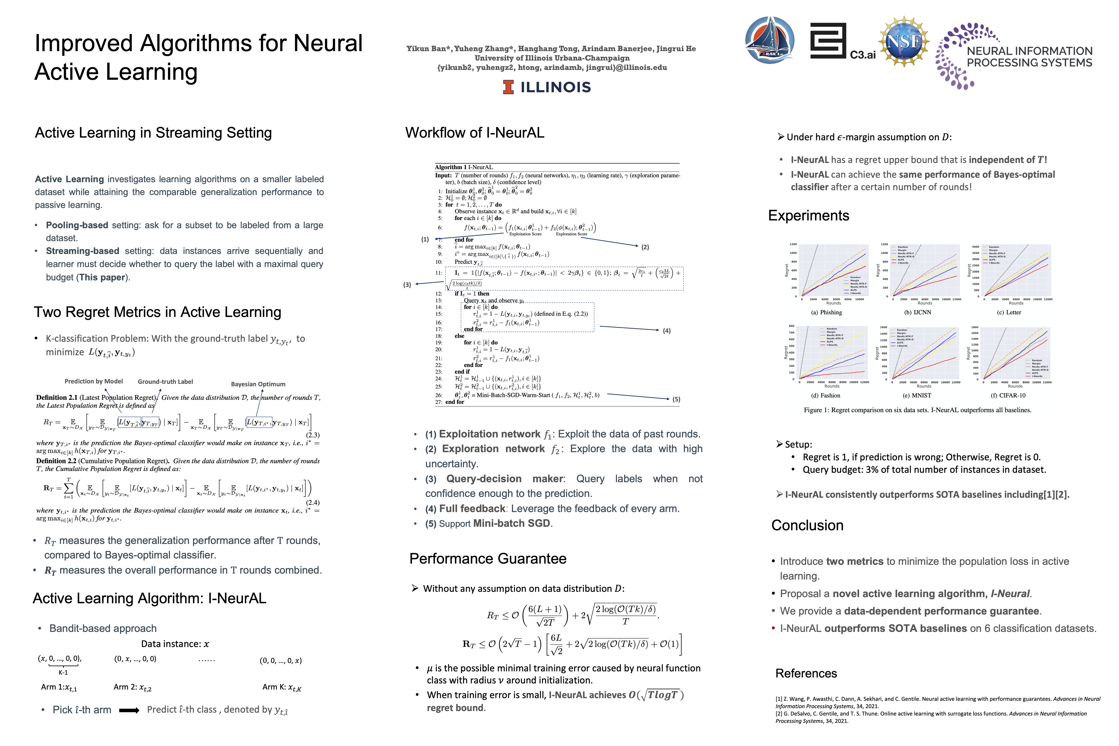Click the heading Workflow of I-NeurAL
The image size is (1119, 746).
click(474, 133)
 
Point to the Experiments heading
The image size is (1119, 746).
click(808, 216)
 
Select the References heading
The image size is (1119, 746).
click(806, 673)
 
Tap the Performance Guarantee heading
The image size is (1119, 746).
click(488, 558)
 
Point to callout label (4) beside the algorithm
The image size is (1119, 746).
click(666, 331)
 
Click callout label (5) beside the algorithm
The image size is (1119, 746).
click(676, 399)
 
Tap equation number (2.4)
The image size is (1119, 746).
click(313, 503)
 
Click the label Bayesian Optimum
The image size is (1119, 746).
click(258, 384)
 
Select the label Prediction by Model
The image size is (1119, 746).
click(94, 381)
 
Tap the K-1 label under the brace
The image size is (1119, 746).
click(63, 672)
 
